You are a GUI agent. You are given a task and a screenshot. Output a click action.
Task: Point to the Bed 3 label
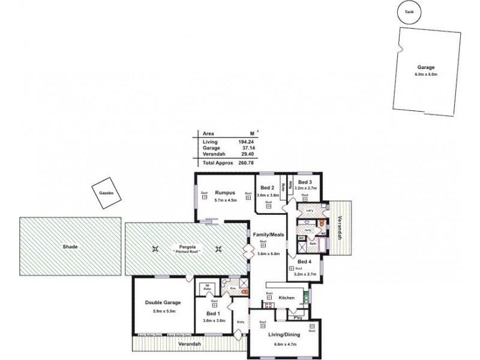(305, 182)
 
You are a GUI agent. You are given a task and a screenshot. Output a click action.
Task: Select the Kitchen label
(286, 297)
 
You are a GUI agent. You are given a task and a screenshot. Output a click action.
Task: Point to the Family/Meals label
(268, 235)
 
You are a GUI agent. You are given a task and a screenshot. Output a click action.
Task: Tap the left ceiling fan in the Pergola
(156, 250)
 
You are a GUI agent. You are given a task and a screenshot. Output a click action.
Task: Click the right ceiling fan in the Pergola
(218, 250)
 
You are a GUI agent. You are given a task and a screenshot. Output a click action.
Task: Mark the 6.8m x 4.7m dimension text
(286, 344)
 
